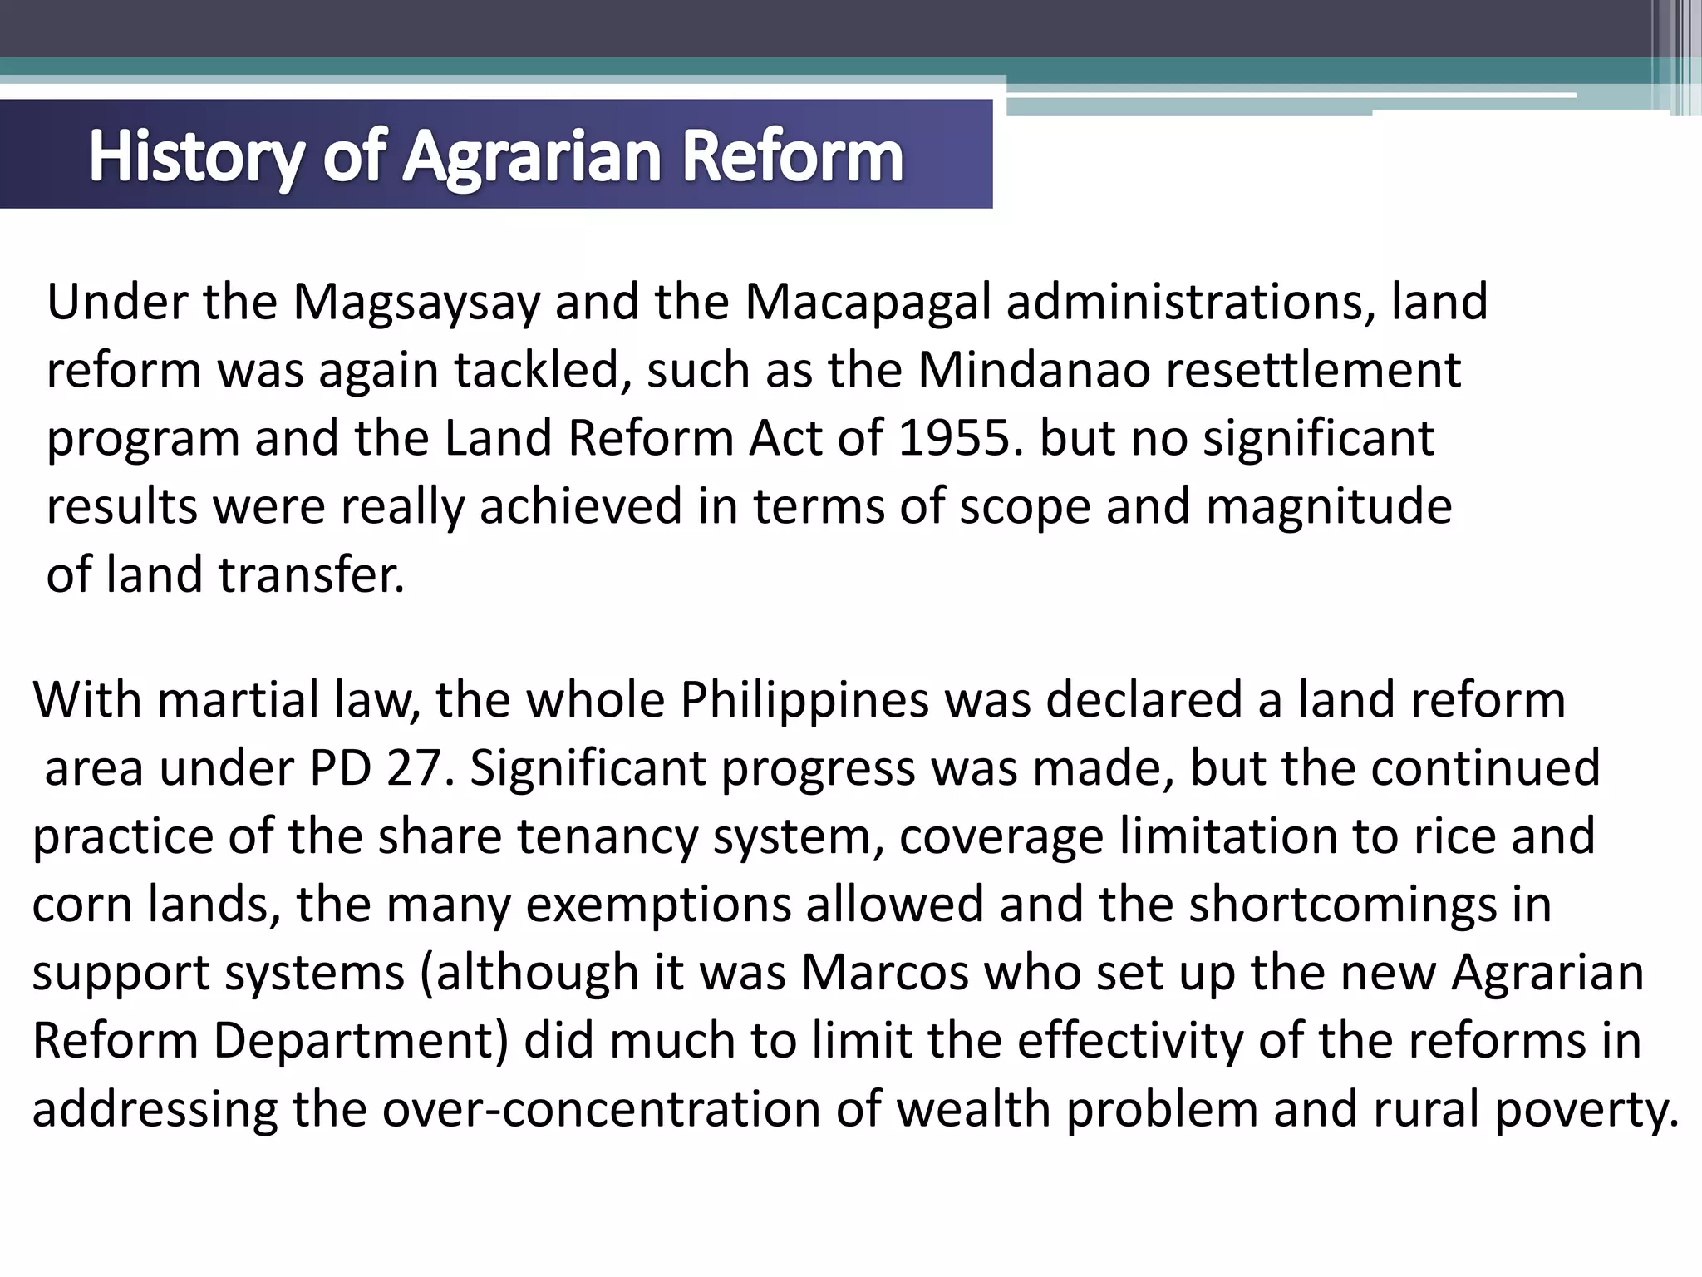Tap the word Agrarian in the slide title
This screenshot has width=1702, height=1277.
coord(533,155)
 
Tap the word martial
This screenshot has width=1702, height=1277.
coord(238,699)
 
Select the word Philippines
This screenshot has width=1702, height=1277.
coord(804,699)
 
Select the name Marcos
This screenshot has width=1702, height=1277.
coord(884,972)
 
